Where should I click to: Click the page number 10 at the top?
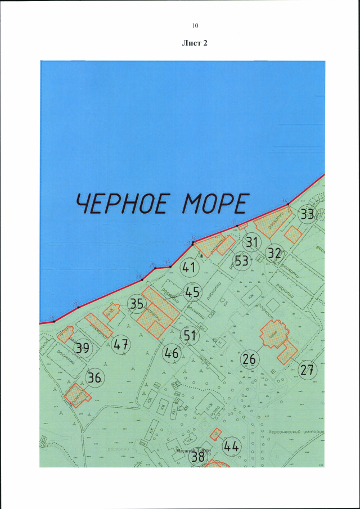[195, 25]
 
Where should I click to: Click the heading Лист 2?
[195, 43]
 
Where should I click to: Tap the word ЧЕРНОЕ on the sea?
[122, 204]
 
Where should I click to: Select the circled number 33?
[307, 214]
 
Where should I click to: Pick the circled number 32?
[276, 252]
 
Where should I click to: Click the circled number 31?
[253, 242]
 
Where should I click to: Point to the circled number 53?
[242, 260]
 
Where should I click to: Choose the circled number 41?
[188, 268]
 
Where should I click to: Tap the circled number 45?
[192, 292]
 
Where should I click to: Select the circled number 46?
[172, 354]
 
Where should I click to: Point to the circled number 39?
[83, 348]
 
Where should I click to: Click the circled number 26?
[249, 358]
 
